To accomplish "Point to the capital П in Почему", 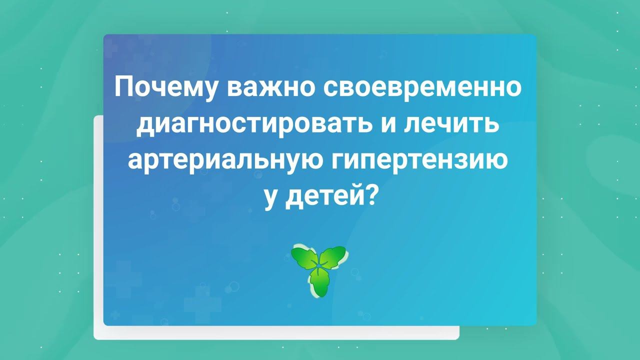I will point(123,88).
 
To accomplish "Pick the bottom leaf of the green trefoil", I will point(318,285).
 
